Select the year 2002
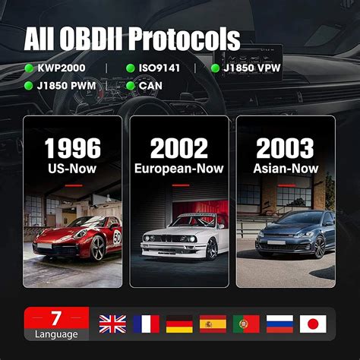[x=179, y=149]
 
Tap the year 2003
[x=286, y=149]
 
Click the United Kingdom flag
[x=112, y=325]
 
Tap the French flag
[x=146, y=325]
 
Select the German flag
[x=179, y=325]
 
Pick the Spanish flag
[x=213, y=325]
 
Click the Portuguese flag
[x=246, y=325]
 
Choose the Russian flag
[x=279, y=325]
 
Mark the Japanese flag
[x=314, y=325]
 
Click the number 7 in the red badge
[x=55, y=317]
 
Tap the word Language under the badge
[x=55, y=334]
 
